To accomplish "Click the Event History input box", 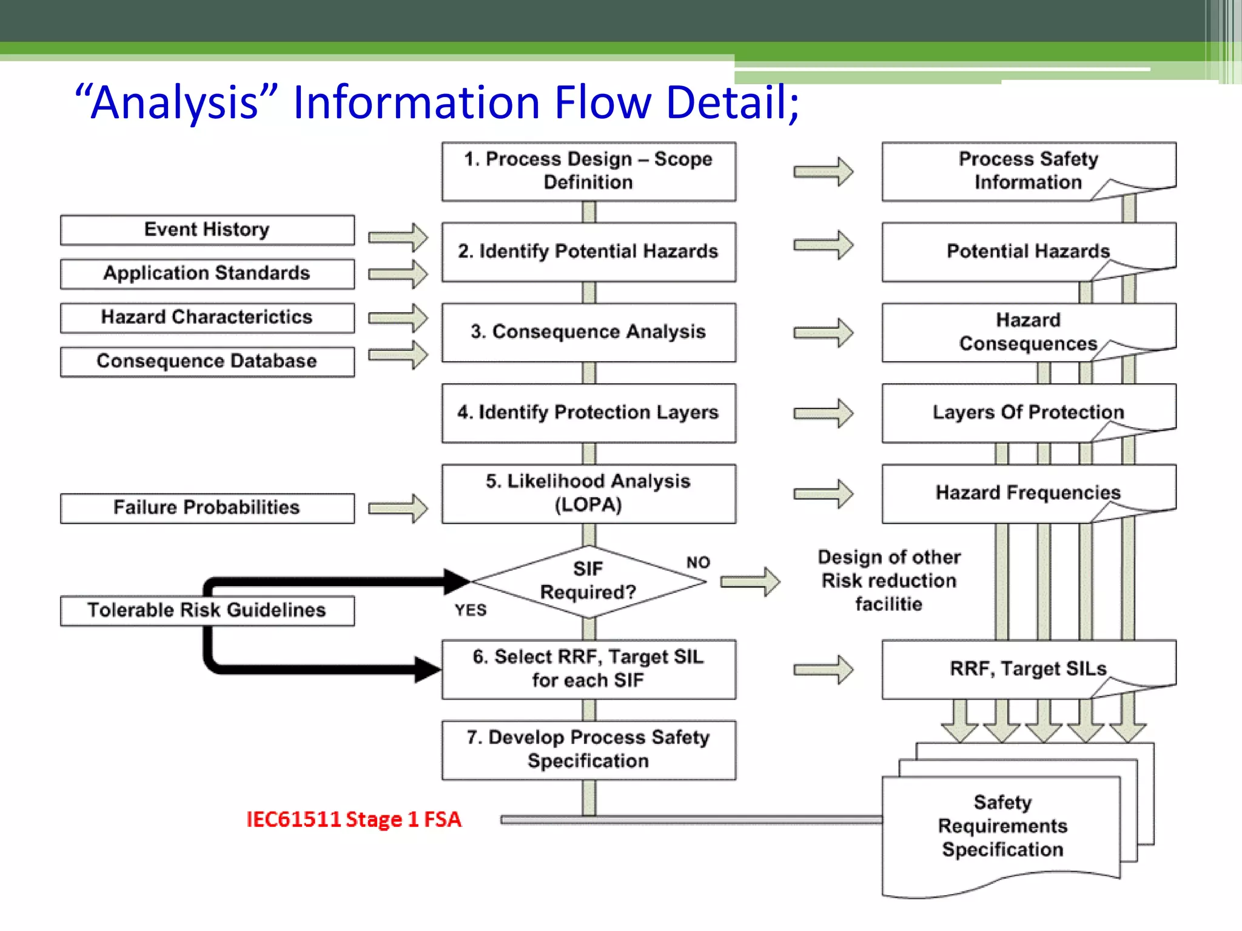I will tap(207, 230).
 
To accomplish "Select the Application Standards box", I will tap(207, 273).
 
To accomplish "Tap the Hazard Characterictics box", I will tap(207, 317).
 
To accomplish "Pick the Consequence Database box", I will tap(207, 361).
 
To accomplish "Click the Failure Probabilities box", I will tap(207, 507).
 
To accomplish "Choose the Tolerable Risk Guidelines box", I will tap(207, 610).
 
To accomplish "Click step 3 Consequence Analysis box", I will tap(588, 332).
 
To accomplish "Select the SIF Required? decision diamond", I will tap(588, 581).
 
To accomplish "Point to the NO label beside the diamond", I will tap(698, 562).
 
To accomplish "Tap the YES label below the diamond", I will tap(471, 610).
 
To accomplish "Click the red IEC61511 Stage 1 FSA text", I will tap(354, 819).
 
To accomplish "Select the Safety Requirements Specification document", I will tap(1002, 826).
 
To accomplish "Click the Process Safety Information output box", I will tap(1028, 171).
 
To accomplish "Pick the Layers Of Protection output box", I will tap(1028, 412).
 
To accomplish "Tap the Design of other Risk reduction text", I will tap(889, 580).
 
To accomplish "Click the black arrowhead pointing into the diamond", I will tap(456, 581).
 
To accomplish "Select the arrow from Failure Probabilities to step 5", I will tap(398, 508).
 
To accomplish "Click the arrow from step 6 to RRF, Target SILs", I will tap(824, 670).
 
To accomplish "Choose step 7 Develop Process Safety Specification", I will tap(588, 749).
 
